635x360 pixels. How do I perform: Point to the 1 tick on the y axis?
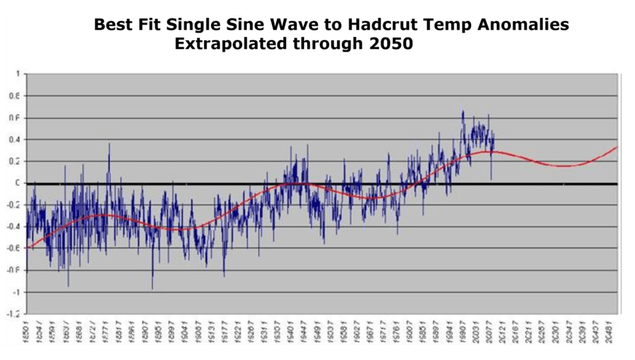point(18,74)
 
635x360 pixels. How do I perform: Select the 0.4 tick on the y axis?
point(15,139)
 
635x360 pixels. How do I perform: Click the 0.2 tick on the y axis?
point(15,162)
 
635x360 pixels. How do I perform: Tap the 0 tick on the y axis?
point(18,183)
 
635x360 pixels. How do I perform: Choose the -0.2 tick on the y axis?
point(14,205)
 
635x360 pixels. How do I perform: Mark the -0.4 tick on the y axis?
point(14,227)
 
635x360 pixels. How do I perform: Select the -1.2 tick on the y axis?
point(14,314)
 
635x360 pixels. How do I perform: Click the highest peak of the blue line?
point(463,111)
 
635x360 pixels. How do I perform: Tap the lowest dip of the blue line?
point(153,289)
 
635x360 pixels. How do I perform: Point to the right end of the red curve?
point(617,148)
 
